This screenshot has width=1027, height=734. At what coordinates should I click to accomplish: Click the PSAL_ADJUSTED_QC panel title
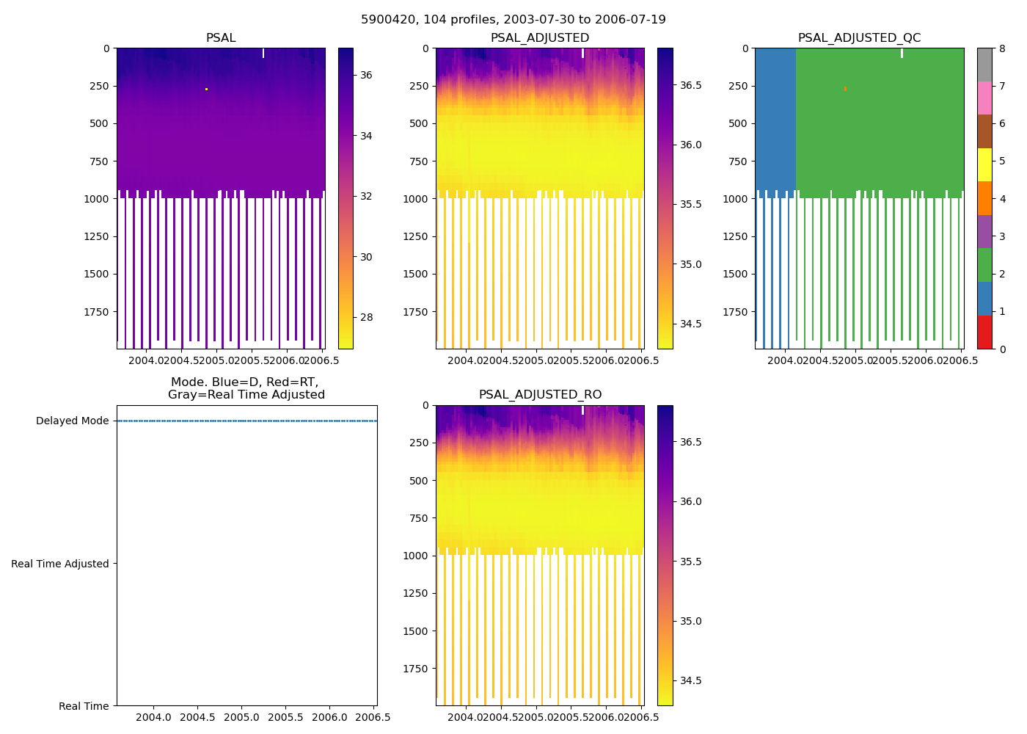859,38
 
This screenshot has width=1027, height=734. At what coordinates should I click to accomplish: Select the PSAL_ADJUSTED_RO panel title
540,395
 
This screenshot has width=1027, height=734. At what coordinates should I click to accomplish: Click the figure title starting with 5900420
513,20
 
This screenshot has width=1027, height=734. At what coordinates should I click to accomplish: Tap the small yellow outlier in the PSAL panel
206,89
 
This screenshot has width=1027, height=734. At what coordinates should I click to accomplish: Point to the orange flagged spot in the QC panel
845,89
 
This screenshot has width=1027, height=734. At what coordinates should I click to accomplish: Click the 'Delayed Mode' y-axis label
72,421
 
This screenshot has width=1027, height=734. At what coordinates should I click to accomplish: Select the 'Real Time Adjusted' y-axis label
60,564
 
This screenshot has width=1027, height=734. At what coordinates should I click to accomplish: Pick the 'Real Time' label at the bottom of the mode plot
84,706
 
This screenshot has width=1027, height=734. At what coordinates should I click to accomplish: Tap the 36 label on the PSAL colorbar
366,75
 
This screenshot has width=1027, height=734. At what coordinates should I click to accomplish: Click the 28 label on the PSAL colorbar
366,317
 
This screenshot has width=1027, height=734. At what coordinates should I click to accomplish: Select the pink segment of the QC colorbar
984,98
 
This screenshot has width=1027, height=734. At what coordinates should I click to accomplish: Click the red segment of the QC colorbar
984,332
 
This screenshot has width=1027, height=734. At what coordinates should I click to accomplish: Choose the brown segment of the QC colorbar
984,131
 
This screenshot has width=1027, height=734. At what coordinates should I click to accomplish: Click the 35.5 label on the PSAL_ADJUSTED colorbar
690,204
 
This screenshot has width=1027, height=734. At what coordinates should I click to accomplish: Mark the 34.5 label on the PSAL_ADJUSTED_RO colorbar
690,680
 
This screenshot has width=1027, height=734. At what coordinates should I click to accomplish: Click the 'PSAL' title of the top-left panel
221,38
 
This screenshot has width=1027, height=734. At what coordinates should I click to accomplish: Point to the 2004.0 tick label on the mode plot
153,717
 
